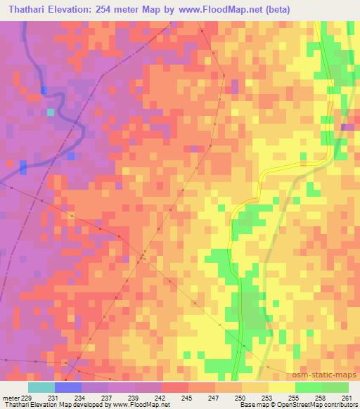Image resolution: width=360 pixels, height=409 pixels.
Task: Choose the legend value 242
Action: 162,398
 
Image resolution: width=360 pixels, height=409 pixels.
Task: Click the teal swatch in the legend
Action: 41,387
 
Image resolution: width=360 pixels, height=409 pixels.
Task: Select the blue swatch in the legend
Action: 67,387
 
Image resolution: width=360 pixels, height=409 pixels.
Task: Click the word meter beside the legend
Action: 8,398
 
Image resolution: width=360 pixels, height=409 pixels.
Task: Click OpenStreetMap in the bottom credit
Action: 304,405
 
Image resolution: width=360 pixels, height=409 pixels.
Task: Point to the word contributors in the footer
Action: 341,405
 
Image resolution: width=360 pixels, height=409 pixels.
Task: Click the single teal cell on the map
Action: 50,112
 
